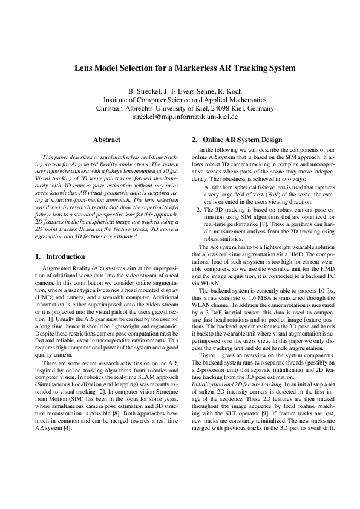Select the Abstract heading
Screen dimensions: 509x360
point(106,140)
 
